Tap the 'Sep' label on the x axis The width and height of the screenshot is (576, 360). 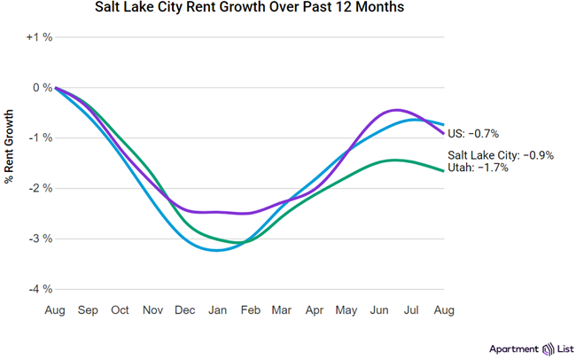pyautogui.click(x=88, y=310)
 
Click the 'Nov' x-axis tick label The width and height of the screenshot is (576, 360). pyautogui.click(x=152, y=310)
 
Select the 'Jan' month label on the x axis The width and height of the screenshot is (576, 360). pyautogui.click(x=217, y=310)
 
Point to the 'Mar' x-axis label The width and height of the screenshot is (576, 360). pyautogui.click(x=282, y=310)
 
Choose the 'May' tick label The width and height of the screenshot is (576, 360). pyautogui.click(x=346, y=310)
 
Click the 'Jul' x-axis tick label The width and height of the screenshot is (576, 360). pyautogui.click(x=412, y=310)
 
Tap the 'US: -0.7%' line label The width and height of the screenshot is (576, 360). pyautogui.click(x=473, y=134)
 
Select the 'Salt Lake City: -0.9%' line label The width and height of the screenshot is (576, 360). pyautogui.click(x=501, y=155)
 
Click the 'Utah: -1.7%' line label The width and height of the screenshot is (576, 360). pyautogui.click(x=479, y=167)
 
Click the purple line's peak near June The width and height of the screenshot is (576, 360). pyautogui.click(x=395, y=110)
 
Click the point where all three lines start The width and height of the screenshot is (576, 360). pyautogui.click(x=56, y=88)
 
